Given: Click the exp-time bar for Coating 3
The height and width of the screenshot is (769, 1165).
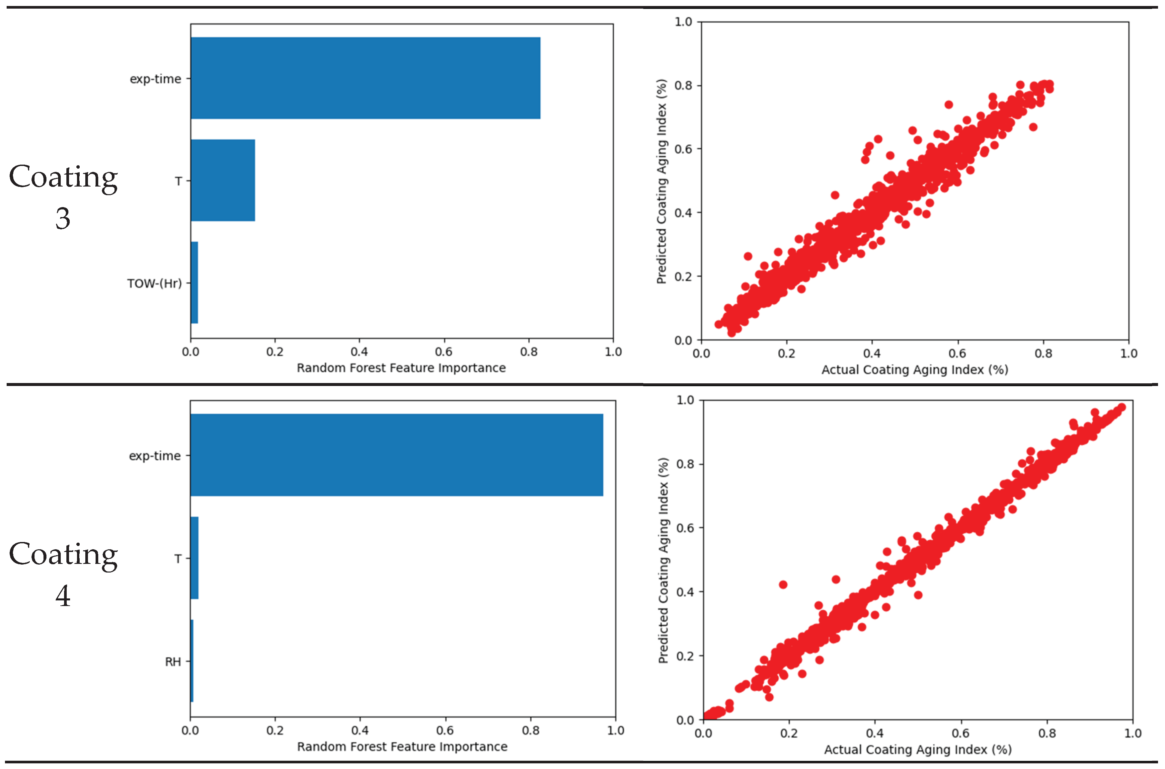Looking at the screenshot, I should coord(365,78).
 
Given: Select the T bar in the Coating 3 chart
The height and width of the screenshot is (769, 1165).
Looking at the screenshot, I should coord(223,181).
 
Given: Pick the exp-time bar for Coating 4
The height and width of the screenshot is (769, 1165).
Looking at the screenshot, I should coord(397,455).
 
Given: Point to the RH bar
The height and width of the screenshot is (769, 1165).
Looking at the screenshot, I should coord(192,661).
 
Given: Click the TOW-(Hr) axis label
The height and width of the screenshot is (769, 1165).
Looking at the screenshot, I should coord(154,283).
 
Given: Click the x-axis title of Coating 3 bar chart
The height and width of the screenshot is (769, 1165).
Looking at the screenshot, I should coord(401,368).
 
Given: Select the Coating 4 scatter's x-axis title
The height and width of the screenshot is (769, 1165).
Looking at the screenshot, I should coord(918,749).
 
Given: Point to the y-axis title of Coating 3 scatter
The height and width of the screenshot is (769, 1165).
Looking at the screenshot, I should coord(661,182).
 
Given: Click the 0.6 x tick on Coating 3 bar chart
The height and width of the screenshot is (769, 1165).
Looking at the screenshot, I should coord(444,351).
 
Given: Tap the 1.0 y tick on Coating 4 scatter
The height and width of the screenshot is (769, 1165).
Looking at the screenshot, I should coord(685,400).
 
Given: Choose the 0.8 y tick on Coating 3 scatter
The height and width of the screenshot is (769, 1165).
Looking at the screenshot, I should coord(683,85).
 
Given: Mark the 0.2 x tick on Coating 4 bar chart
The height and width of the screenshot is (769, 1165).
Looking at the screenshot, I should coord(275,730).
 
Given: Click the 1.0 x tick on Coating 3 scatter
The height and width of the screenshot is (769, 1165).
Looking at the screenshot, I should coord(1129,353).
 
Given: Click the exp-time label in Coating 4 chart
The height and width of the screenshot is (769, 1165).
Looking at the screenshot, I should coord(154,456).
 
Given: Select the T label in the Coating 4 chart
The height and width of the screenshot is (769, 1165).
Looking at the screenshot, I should coord(178,559).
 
